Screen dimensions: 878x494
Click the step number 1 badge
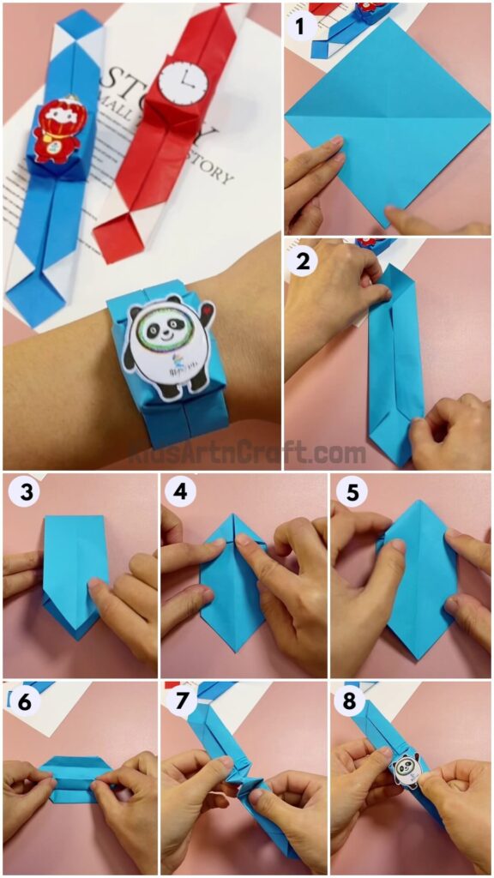click(x=299, y=27)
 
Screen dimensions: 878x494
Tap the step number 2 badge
click(x=299, y=261)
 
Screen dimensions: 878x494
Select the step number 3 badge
click(x=21, y=493)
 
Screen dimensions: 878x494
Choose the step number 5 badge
click(x=347, y=493)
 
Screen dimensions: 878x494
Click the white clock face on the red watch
click(x=183, y=82)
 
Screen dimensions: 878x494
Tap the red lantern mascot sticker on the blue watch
click(x=54, y=135)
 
